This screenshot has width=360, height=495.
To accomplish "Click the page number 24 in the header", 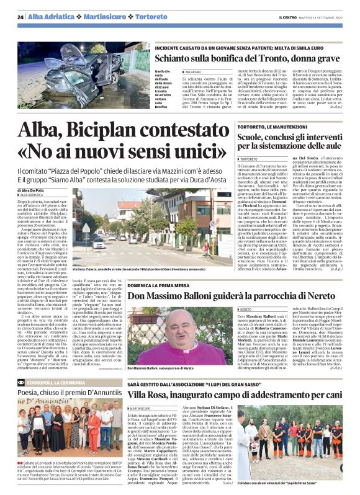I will [20, 17].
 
